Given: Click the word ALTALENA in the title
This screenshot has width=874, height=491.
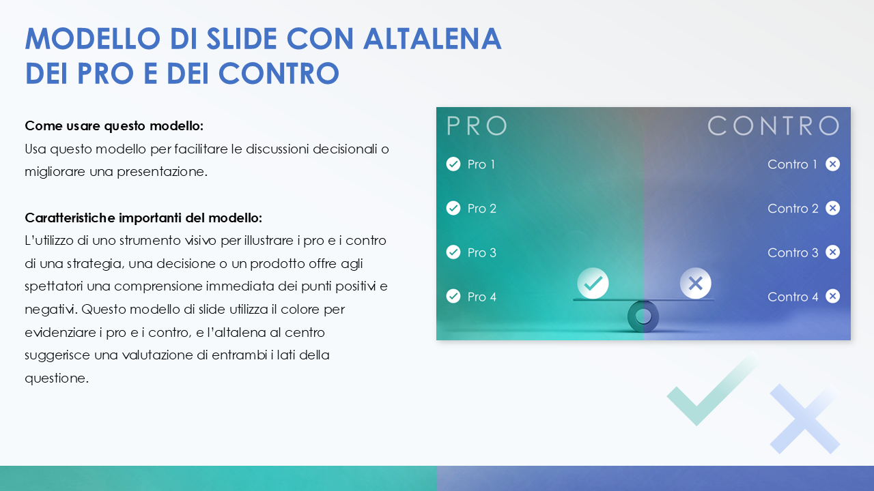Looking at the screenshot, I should [x=432, y=39].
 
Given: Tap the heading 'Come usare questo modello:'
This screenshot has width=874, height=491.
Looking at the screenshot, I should [x=114, y=126].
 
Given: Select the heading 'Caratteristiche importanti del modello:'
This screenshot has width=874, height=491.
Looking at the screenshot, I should [x=143, y=218].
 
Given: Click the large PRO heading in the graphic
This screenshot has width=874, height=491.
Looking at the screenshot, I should [x=477, y=126].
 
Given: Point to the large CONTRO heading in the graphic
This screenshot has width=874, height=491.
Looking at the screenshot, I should [x=773, y=126].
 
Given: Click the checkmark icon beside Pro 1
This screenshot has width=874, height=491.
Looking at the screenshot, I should [x=453, y=164].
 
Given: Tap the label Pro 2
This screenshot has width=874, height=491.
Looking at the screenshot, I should [x=481, y=209].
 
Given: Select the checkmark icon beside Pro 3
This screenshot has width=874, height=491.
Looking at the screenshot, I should [x=453, y=252].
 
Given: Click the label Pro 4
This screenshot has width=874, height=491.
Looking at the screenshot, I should [x=481, y=297].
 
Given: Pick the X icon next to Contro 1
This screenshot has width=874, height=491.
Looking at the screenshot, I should [x=832, y=164].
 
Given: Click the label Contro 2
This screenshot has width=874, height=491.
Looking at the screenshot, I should [x=793, y=209].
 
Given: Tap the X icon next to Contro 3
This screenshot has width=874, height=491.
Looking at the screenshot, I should [x=832, y=252].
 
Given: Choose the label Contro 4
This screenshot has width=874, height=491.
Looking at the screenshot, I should [x=793, y=297].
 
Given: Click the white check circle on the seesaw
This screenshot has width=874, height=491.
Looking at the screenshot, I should [x=593, y=282].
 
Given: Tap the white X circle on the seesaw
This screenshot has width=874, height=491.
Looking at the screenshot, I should [x=695, y=283].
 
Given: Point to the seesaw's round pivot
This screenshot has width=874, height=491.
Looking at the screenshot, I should [x=643, y=316].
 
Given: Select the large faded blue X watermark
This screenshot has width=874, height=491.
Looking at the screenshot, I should [x=804, y=418].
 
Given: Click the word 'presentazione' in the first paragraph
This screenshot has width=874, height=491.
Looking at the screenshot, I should [x=166, y=172].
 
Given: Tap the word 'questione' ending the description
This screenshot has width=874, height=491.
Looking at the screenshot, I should [x=56, y=378].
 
